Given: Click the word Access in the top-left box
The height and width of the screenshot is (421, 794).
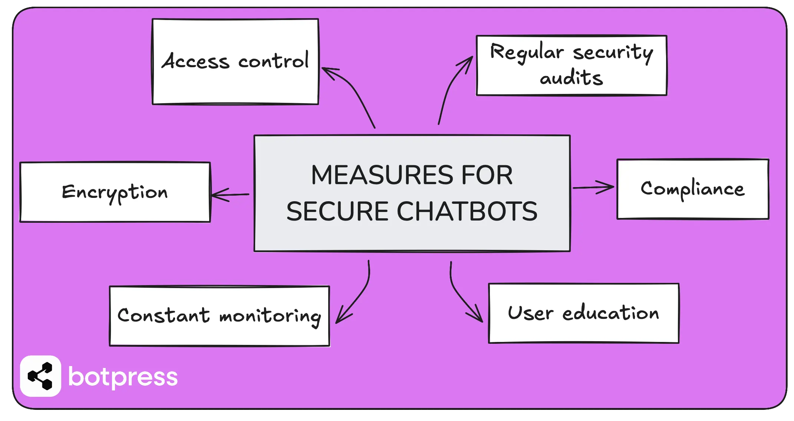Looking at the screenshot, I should click(195, 61).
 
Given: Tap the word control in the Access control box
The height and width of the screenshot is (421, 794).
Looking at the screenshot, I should click(273, 61).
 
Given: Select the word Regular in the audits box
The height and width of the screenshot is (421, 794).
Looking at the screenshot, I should click(527, 52).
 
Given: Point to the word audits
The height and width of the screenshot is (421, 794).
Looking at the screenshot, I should click(571, 78).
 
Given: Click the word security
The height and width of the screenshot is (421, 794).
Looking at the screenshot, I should click(613, 53).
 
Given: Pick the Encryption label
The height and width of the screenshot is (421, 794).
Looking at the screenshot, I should click(115, 192).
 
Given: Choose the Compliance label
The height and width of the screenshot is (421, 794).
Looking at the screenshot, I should click(692, 189).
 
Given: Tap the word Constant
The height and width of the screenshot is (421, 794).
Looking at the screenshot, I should click(164, 315).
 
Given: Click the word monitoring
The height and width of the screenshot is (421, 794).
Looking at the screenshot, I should click(270, 317).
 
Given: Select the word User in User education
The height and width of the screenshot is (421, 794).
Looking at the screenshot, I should click(530, 313).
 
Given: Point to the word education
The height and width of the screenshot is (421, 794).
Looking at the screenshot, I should click(610, 313).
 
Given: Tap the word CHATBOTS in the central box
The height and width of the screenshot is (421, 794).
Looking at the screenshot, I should click(467, 212).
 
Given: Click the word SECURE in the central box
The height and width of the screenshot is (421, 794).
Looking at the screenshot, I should click(337, 212).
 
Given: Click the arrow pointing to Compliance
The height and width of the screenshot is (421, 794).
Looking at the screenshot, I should click(593, 187).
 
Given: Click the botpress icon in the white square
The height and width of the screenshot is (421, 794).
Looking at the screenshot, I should click(40, 376).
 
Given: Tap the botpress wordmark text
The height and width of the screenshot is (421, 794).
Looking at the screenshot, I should click(123, 377).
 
